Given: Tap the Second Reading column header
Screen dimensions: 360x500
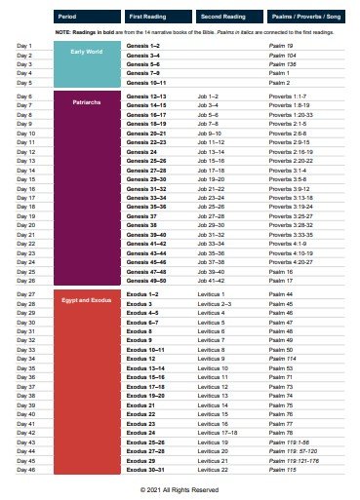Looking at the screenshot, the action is (x=222, y=18).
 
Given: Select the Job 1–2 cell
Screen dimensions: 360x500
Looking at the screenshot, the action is (x=208, y=96).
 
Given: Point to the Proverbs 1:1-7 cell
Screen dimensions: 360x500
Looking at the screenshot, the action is (x=288, y=96).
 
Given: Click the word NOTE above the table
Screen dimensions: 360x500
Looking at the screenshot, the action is (x=65, y=32).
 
